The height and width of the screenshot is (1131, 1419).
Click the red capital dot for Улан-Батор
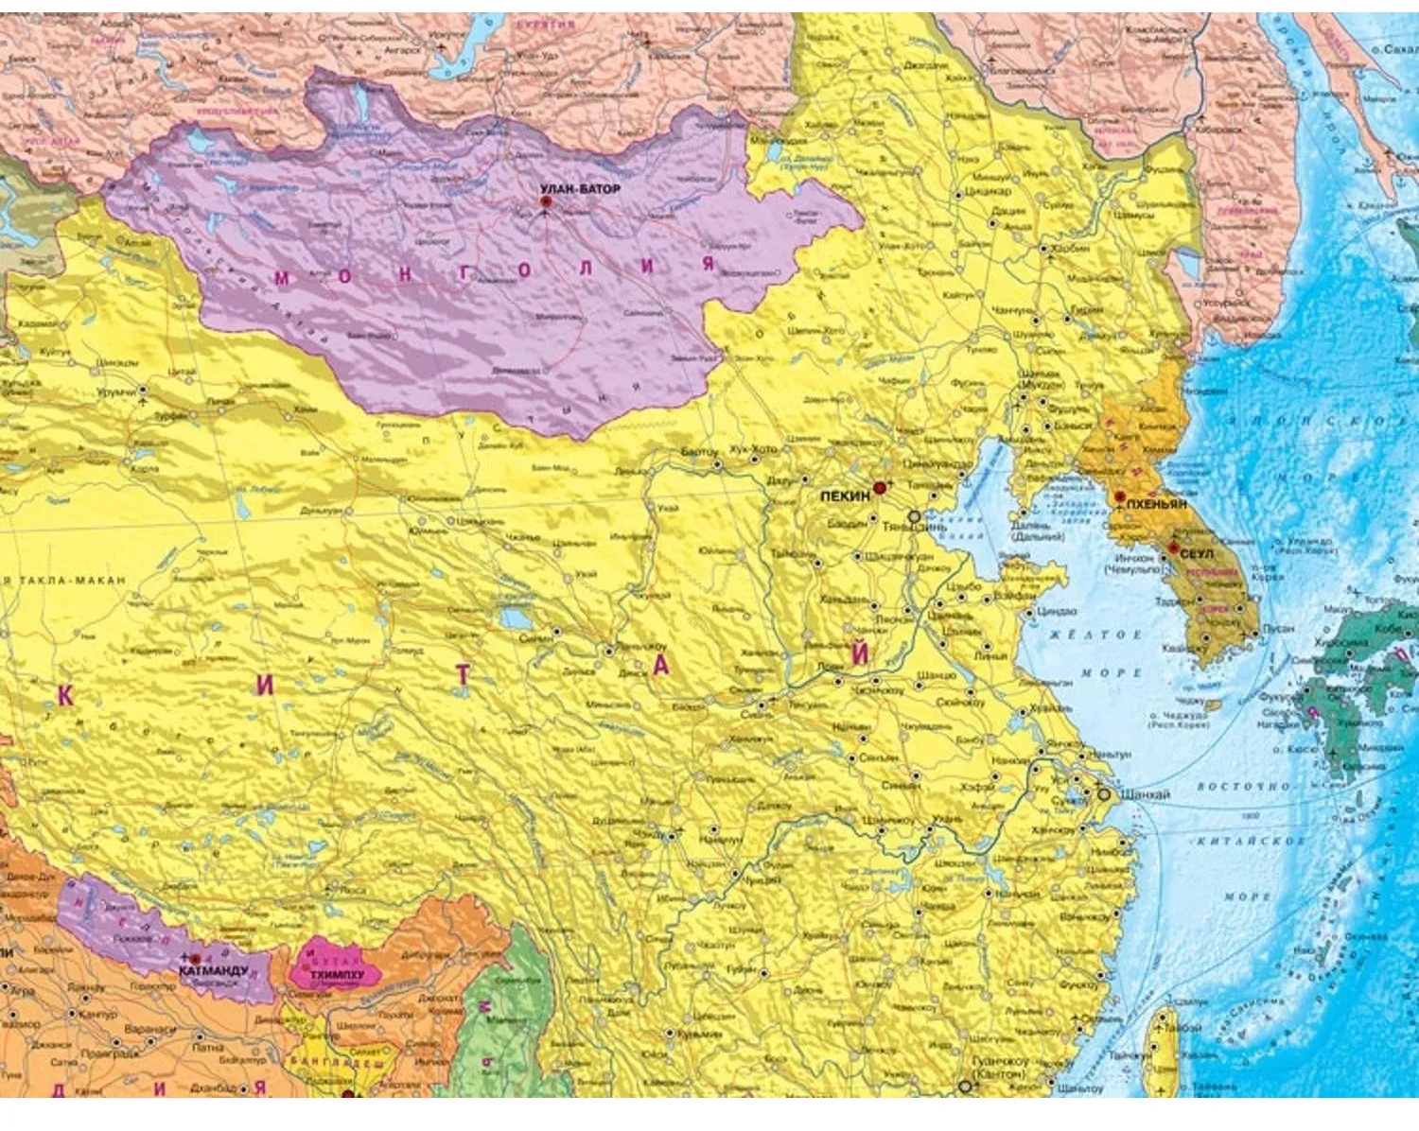pos(545,202)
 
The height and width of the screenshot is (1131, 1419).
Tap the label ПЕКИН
pos(844,496)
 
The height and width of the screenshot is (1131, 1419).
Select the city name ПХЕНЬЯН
pos(1156,505)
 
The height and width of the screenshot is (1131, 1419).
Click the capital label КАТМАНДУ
pos(213,970)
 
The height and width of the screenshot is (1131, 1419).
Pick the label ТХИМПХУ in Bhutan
pos(337,974)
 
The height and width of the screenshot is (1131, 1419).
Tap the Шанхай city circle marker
pos(1103,794)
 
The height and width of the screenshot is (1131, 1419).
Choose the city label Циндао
pos(1057,612)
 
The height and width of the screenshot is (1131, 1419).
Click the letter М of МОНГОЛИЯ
pos(282,278)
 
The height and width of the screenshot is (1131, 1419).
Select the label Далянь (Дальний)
pos(1037,531)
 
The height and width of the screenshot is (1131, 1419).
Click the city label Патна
pos(207,1047)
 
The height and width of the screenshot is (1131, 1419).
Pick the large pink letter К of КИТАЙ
pos(65,697)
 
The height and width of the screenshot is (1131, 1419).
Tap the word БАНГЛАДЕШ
pos(351,1062)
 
